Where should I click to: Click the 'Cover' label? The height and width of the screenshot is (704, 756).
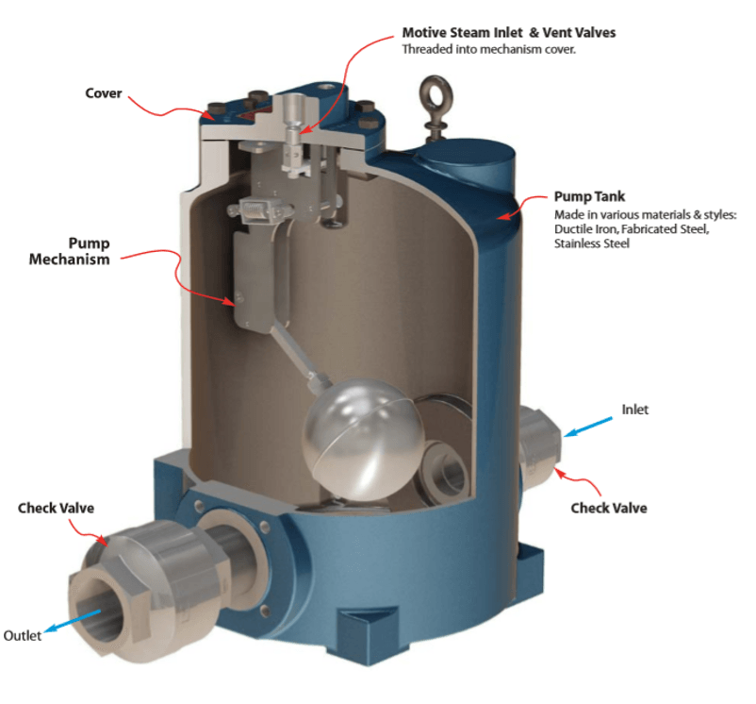[103, 93]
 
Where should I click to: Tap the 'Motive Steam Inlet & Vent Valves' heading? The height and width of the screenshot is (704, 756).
[509, 32]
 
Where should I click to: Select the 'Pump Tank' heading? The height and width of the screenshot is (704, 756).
[589, 196]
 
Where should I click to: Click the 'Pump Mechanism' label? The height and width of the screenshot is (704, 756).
[70, 251]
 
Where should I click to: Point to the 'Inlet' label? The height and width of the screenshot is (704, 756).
[634, 410]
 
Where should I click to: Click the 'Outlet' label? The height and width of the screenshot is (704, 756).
[23, 635]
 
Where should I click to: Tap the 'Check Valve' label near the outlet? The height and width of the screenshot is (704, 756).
[56, 508]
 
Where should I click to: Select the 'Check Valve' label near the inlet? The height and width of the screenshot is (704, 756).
[608, 508]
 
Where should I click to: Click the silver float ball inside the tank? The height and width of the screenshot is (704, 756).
[364, 439]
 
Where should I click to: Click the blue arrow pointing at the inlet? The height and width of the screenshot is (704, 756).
[588, 427]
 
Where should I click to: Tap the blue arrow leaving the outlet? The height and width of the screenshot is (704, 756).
[73, 621]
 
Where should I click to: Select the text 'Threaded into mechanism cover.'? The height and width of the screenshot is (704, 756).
[489, 49]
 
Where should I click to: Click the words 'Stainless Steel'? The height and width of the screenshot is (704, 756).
[592, 243]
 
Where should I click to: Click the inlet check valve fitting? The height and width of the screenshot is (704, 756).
[540, 446]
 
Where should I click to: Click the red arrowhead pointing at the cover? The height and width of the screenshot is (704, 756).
[210, 116]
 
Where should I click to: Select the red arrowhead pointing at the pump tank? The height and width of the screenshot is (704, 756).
[503, 216]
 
